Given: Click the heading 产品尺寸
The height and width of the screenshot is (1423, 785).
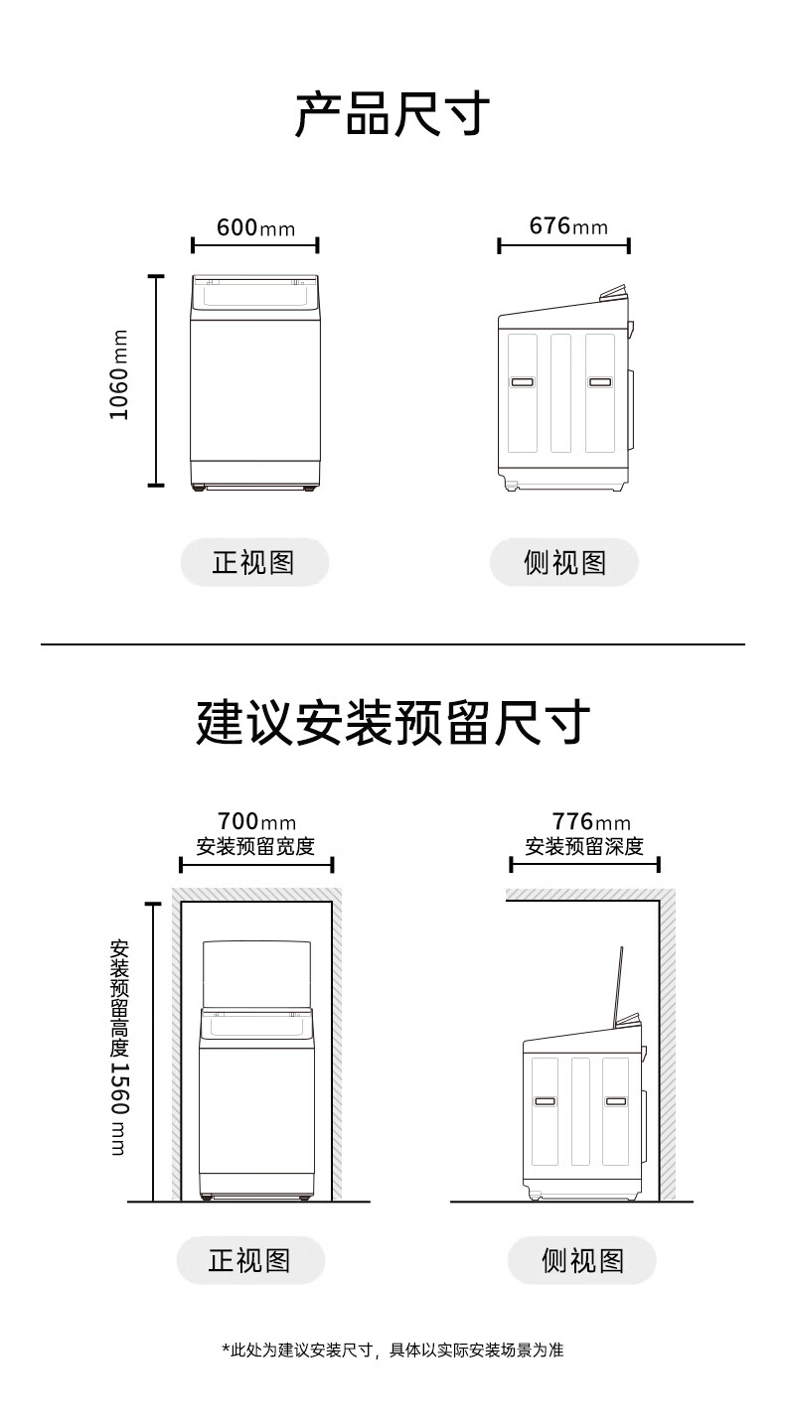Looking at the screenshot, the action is click(x=392, y=114).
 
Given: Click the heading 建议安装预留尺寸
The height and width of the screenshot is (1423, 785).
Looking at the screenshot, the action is click(x=392, y=723).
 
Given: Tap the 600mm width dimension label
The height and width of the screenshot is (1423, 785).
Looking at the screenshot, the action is click(x=255, y=227).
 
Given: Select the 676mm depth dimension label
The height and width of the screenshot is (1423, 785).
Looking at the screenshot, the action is click(x=567, y=225).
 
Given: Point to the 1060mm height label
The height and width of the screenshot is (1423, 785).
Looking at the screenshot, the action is click(x=119, y=374).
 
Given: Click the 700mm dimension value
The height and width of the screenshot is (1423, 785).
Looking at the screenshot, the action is click(x=256, y=822).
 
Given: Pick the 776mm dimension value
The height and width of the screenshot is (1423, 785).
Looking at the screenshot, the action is click(x=591, y=822).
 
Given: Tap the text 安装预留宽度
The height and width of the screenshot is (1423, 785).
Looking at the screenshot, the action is click(x=255, y=846).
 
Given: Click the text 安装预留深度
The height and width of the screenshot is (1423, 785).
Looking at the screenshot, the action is click(x=584, y=846).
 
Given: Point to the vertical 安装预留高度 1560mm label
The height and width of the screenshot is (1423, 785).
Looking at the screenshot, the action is click(x=118, y=1048).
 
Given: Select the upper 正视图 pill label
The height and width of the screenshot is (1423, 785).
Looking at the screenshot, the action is click(x=253, y=562).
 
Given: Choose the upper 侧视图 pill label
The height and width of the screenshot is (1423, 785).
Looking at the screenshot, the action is click(x=564, y=562).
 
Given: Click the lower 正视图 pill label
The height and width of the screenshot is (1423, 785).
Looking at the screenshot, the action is click(x=249, y=1260).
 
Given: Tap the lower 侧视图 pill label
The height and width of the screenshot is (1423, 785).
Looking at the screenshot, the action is click(x=582, y=1260).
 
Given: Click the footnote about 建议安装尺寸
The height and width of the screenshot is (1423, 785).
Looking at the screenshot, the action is click(x=392, y=1350).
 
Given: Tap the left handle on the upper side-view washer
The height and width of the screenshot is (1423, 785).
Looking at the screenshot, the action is click(x=522, y=381).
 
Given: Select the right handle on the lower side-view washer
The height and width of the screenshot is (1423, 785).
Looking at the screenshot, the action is click(x=615, y=1101).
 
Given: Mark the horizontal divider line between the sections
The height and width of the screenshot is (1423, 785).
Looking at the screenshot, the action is click(x=392, y=644).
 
